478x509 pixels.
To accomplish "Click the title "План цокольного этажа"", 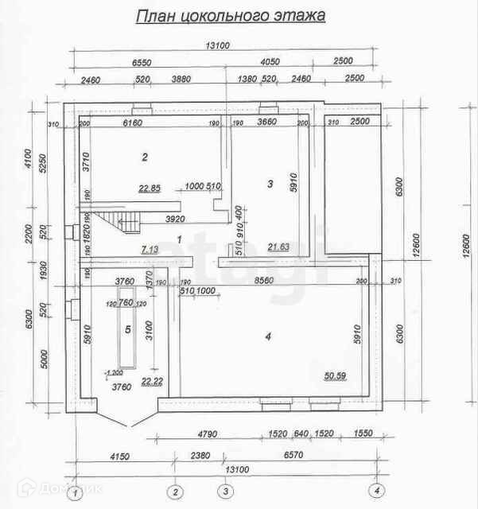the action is tap(231, 16).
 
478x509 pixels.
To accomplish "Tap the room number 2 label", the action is tap(145, 157).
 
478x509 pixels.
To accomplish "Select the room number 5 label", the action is tap(126, 328).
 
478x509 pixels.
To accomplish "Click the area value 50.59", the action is tap(336, 376).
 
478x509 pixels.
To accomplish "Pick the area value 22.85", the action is tap(150, 188).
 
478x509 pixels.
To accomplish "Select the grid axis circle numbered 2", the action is tap(177, 490).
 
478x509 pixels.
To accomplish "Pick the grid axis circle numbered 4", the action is tap(378, 489).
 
